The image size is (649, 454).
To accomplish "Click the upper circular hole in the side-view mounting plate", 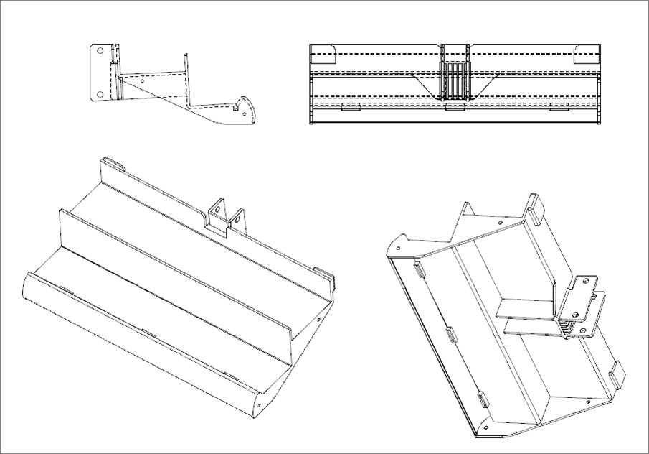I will coord(100,52).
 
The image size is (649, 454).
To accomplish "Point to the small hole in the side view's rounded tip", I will coord(247,114).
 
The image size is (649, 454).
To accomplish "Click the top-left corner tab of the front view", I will coord(323,51).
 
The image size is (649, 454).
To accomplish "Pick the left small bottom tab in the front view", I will coord(350,108).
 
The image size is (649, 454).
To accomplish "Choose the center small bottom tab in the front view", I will coord(453,108).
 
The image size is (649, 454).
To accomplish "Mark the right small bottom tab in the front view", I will coord(559,108).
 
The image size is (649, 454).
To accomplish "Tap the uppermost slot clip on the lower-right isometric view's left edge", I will coord(417,271).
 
